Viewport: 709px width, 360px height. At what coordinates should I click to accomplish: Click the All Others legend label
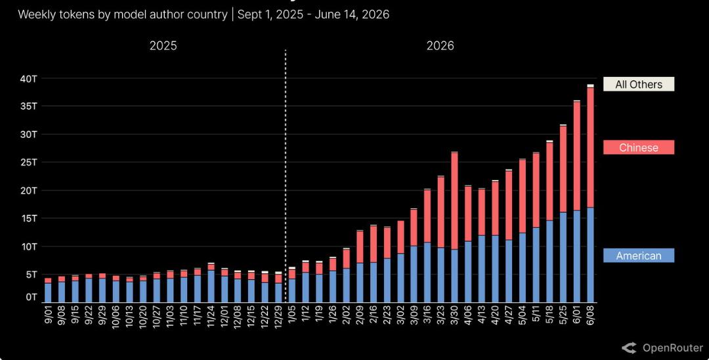[x=639, y=84]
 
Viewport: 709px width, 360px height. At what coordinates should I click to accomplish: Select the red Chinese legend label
[x=639, y=147]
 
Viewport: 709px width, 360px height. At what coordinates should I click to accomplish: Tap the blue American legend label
[x=639, y=256]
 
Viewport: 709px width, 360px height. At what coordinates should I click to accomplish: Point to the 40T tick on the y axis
[x=28, y=79]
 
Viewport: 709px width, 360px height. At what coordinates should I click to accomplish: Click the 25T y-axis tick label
[x=28, y=162]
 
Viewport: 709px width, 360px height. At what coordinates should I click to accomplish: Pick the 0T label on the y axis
[x=31, y=297]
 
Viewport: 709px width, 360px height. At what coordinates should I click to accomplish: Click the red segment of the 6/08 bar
[x=590, y=147]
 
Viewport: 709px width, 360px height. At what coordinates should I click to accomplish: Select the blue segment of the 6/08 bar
[x=590, y=255]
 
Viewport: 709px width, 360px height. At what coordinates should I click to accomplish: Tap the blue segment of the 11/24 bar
[x=211, y=286]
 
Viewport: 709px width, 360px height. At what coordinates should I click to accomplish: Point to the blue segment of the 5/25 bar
[x=563, y=258]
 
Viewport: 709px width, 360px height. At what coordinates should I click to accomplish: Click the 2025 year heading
[x=163, y=46]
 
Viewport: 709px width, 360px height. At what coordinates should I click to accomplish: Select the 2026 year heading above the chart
[x=440, y=46]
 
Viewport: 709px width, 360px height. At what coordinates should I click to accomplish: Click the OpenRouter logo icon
[x=630, y=348]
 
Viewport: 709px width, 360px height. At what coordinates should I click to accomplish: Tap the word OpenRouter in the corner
[x=673, y=348]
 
